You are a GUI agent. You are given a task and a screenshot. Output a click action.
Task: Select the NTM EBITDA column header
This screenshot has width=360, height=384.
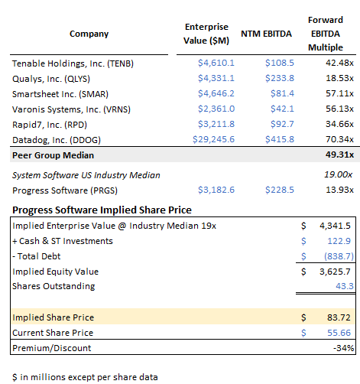click(x=262, y=34)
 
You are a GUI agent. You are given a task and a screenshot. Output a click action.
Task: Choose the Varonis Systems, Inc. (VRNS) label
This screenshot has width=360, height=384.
click(x=70, y=109)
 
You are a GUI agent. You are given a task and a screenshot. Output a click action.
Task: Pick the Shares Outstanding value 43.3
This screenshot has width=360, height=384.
click(x=342, y=285)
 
